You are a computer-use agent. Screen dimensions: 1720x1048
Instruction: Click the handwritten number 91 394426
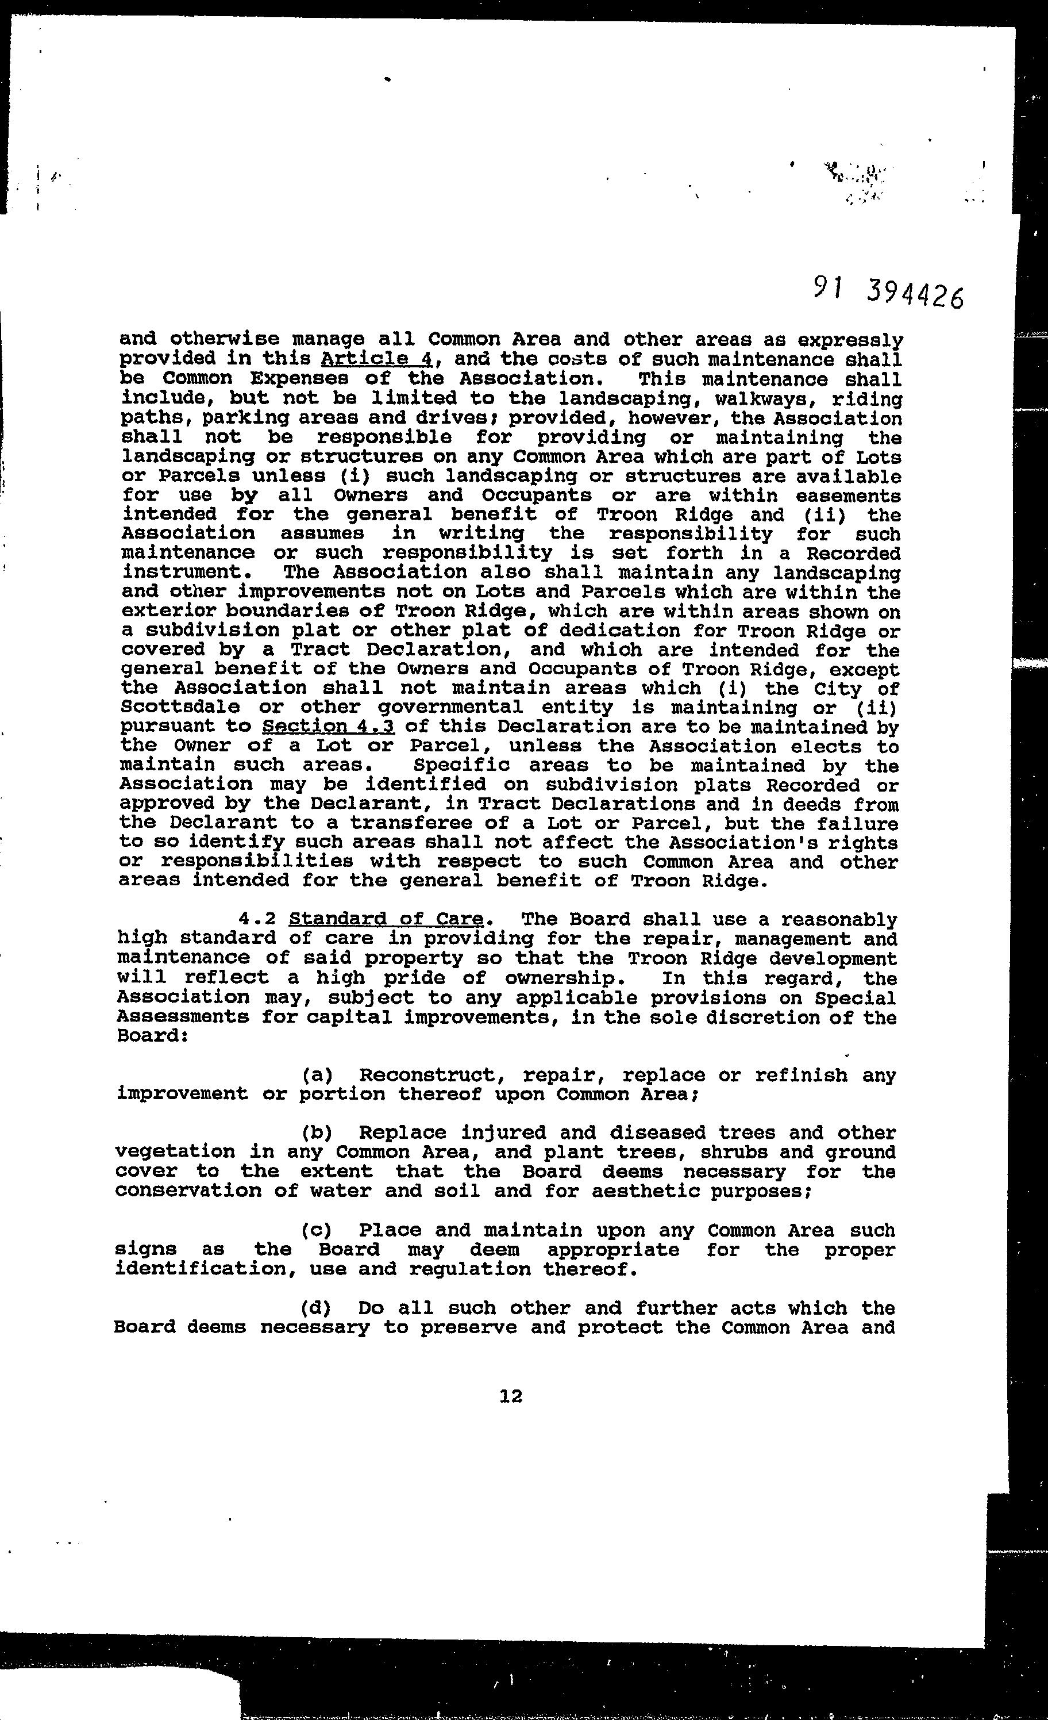coord(888,293)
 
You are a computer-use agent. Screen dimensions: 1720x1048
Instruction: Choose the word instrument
coord(181,573)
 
